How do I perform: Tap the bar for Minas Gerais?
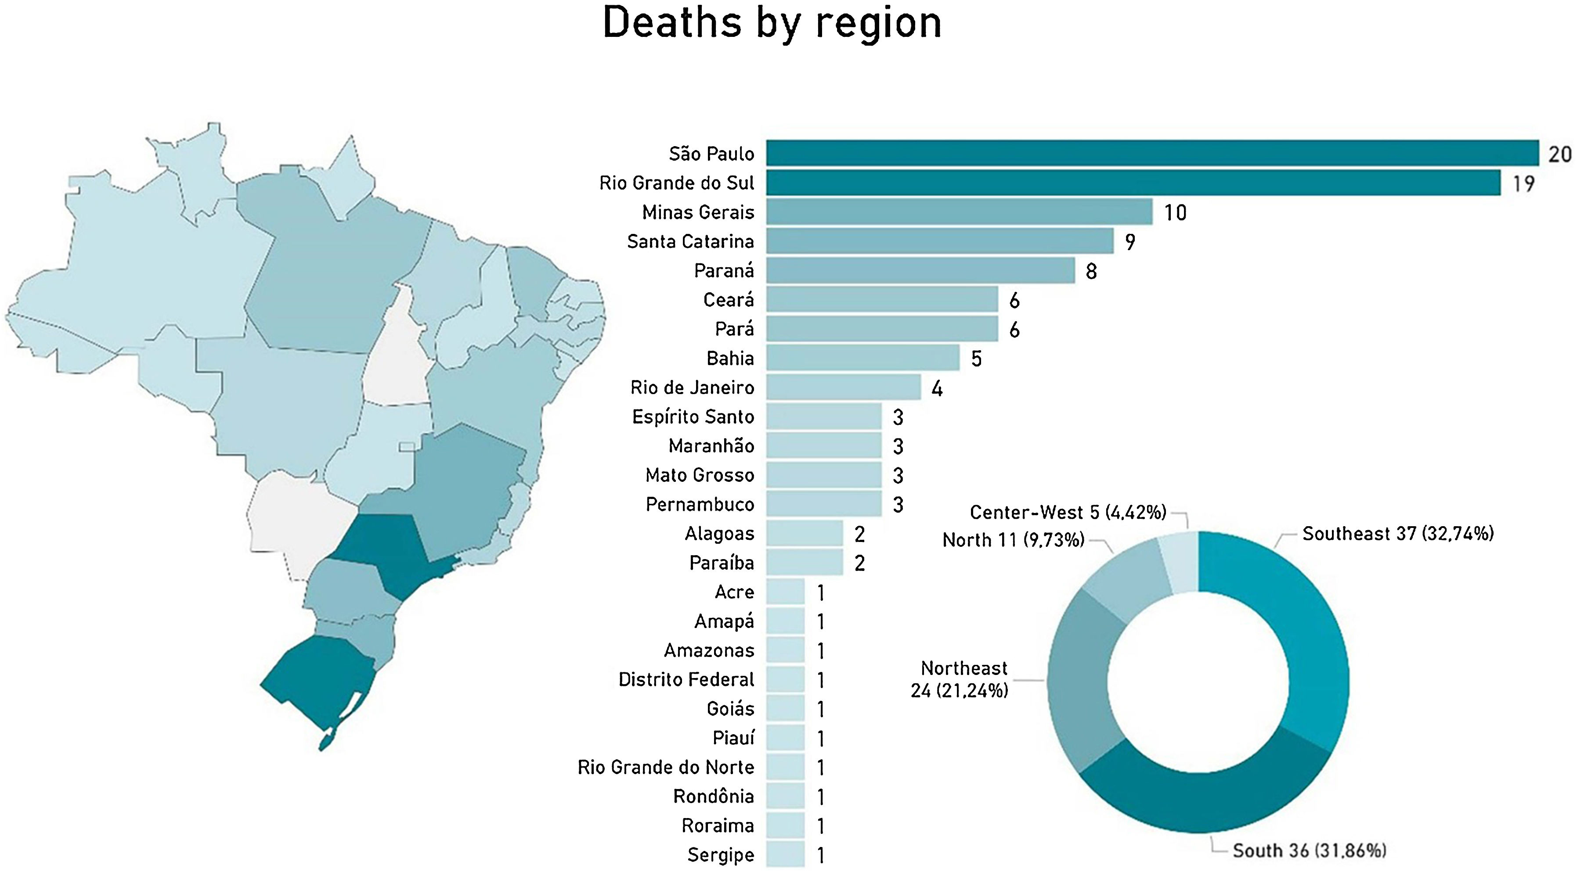pos(959,212)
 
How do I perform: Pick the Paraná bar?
pos(920,270)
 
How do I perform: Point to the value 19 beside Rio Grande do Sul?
pos(1523,183)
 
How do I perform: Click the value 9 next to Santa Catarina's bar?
pos(1130,242)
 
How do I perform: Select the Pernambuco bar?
pos(823,504)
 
